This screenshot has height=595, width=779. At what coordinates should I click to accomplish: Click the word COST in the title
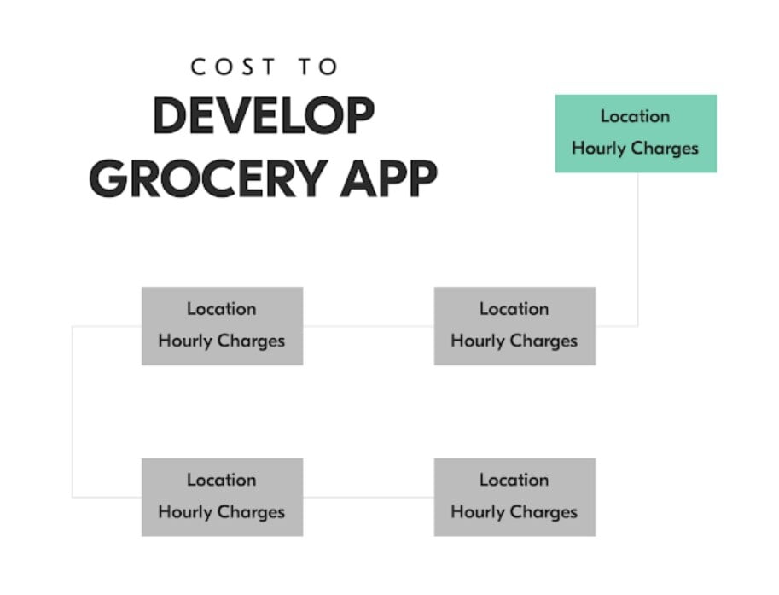point(233,67)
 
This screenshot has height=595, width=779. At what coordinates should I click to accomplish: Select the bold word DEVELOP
point(264,115)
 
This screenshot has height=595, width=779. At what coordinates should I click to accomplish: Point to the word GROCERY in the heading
point(208,178)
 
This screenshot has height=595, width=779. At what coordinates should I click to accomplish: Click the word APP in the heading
point(388,178)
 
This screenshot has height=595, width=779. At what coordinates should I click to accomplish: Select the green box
point(636,134)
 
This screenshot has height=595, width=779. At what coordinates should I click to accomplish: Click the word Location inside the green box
point(635,116)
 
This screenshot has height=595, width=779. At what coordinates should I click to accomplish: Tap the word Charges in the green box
point(665,149)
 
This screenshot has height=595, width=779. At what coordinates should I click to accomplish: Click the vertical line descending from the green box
point(638,249)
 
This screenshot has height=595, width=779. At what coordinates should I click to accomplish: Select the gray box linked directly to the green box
point(514,326)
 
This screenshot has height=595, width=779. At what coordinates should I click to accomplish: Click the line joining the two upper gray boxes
point(369,327)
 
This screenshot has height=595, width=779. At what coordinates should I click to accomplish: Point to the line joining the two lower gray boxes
point(369,497)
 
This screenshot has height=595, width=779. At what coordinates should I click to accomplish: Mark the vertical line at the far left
point(73,411)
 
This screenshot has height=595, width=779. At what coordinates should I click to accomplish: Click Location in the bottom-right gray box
point(514,480)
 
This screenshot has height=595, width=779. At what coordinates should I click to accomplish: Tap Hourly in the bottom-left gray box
point(185,512)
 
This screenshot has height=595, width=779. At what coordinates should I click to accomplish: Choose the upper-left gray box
point(223,326)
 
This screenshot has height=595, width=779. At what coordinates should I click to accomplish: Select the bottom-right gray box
point(514,497)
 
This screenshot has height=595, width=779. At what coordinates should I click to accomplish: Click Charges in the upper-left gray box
point(251,341)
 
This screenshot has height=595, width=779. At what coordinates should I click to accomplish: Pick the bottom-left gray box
point(223,497)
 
